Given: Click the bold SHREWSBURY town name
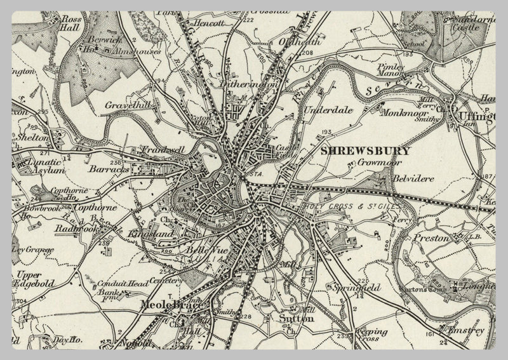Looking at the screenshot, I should click(x=366, y=151).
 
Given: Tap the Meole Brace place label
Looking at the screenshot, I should click(x=170, y=306).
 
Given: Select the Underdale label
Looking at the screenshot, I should click(x=328, y=110).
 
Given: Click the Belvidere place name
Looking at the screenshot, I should click(x=413, y=179).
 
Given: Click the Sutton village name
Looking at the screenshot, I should click(x=296, y=319).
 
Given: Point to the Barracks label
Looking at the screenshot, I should click(x=109, y=170).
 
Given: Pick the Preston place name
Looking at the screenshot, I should click(x=431, y=239).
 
